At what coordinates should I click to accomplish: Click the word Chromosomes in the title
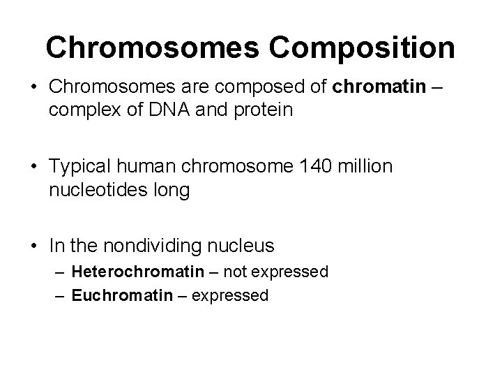[147, 47]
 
